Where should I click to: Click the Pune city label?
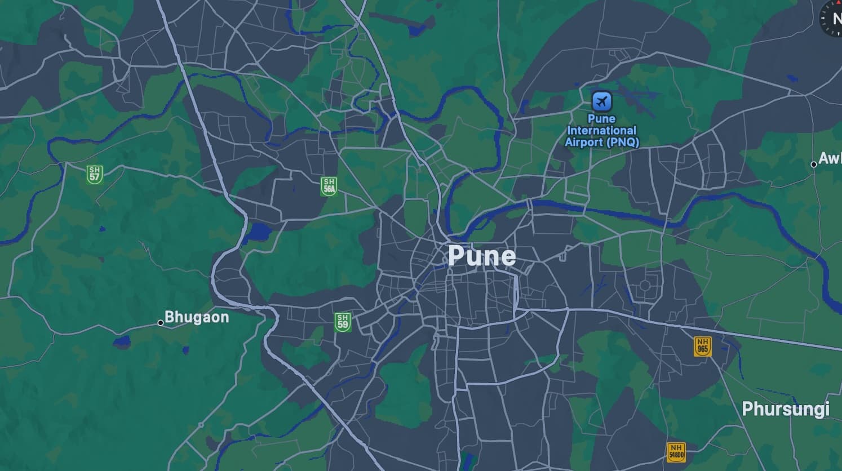pyautogui.click(x=482, y=256)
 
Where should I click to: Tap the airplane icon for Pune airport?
pyautogui.click(x=602, y=102)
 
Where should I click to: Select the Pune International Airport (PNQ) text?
pyautogui.click(x=602, y=130)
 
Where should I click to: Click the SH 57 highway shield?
pyautogui.click(x=95, y=174)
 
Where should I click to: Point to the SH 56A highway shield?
pyautogui.click(x=329, y=186)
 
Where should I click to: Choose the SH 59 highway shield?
pyautogui.click(x=342, y=322)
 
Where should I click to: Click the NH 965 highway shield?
pyautogui.click(x=702, y=346)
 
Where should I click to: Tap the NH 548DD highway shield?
pyautogui.click(x=676, y=452)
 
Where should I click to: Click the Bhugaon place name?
pyautogui.click(x=197, y=317)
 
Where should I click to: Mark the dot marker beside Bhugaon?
pyautogui.click(x=161, y=323)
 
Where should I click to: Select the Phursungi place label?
pyautogui.click(x=785, y=409)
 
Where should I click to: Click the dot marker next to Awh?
pyautogui.click(x=813, y=165)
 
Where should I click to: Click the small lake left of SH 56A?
pyautogui.click(x=259, y=232)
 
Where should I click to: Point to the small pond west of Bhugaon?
pyautogui.click(x=122, y=341)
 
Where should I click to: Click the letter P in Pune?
pyautogui.click(x=457, y=256)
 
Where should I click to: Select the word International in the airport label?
pyautogui.click(x=602, y=130)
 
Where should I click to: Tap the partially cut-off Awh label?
pyautogui.click(x=830, y=158)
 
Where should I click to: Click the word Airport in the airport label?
pyautogui.click(x=584, y=142)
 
